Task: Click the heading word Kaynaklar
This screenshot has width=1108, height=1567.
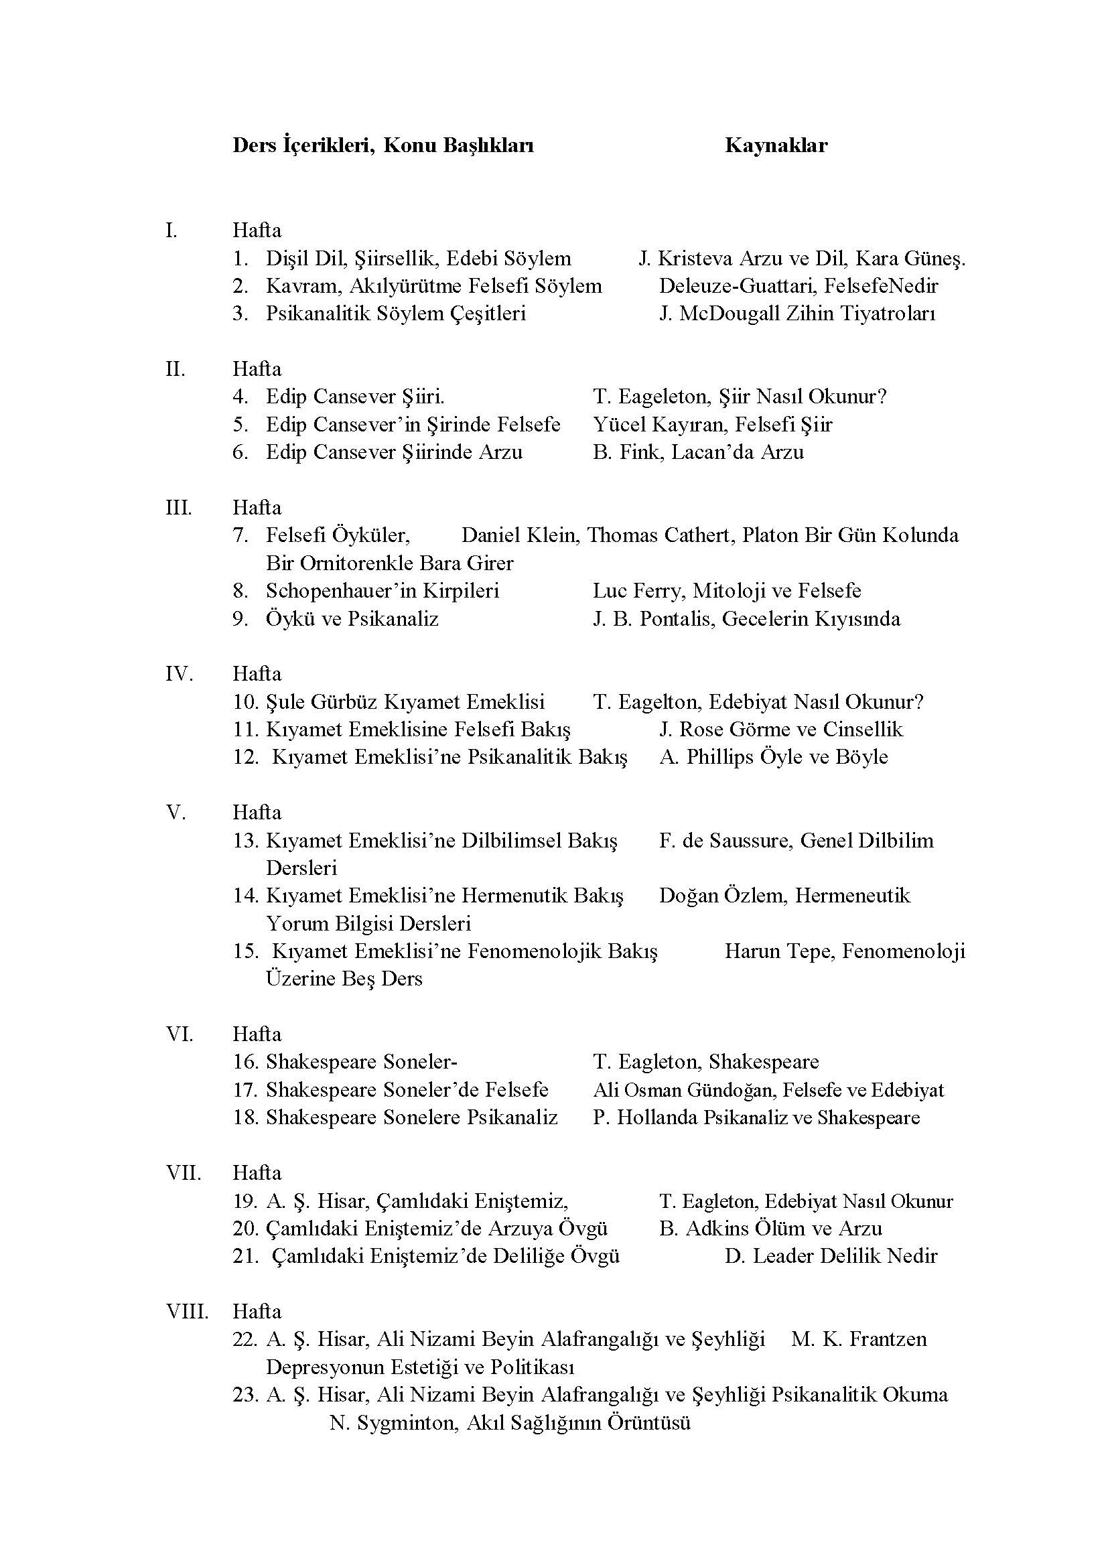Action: click(776, 145)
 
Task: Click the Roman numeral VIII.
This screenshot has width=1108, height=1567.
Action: click(186, 1311)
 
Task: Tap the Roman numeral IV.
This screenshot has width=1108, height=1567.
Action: click(179, 673)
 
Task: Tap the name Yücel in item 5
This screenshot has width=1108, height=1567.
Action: click(617, 425)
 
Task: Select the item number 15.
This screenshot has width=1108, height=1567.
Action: click(245, 951)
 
